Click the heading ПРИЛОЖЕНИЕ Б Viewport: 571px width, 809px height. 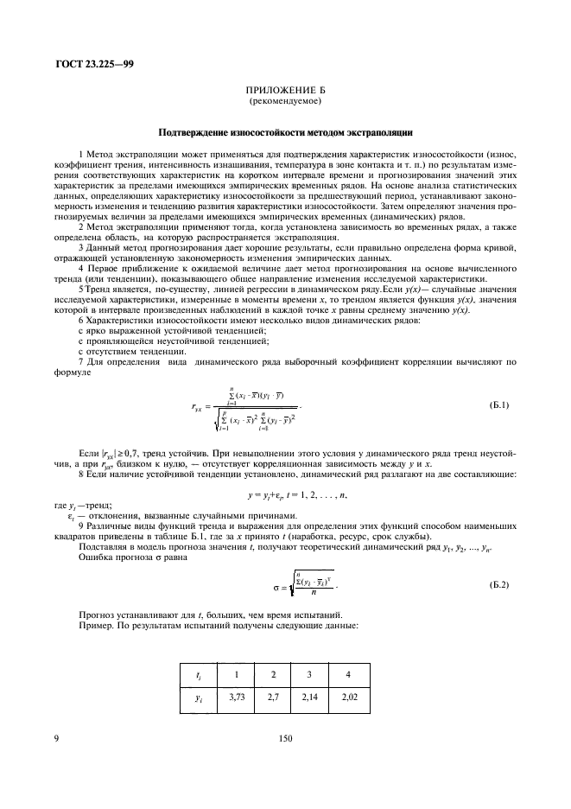(285, 90)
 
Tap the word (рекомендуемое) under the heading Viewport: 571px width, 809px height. (285, 101)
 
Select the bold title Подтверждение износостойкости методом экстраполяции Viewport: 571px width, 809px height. (285, 132)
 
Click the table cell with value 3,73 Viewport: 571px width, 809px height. (230, 696)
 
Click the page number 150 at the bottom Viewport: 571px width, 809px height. (285, 739)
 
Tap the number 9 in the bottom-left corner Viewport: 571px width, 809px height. (56, 739)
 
